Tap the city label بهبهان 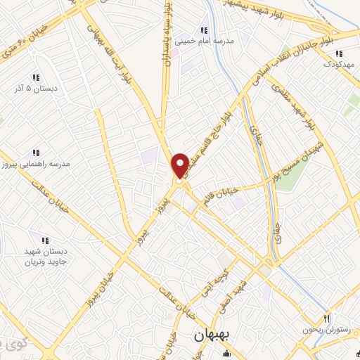tap(210, 337)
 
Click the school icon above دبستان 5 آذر tap(35, 78)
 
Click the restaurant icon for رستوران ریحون tap(326, 319)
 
